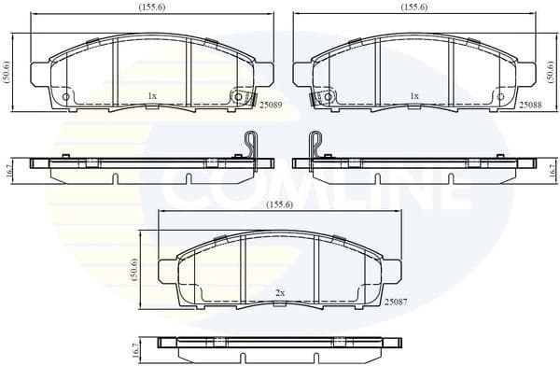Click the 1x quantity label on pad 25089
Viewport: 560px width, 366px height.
pyautogui.click(x=151, y=95)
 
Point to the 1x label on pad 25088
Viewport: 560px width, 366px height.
pyautogui.click(x=413, y=95)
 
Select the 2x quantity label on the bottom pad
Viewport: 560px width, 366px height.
pyautogui.click(x=280, y=292)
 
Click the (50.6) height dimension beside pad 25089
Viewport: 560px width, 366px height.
pyautogui.click(x=7, y=72)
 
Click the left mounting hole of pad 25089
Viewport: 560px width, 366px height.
pyautogui.click(x=65, y=96)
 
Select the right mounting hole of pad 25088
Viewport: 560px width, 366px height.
pyautogui.click(x=498, y=96)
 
